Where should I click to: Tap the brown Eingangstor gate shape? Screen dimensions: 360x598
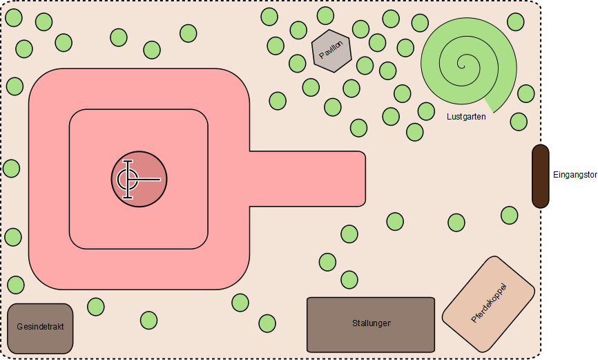(540, 176)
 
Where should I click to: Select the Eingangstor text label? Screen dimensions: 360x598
(575, 175)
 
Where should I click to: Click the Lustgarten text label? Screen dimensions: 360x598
(466, 117)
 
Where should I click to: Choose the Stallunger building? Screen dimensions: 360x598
(371, 325)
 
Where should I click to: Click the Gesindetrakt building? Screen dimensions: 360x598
(41, 328)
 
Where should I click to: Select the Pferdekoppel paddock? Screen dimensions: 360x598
(488, 303)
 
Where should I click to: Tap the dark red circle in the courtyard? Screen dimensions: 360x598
(139, 179)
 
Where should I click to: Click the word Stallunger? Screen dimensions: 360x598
(371, 323)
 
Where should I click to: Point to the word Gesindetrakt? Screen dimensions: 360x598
(41, 327)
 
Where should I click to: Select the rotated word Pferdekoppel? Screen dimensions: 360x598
(489, 303)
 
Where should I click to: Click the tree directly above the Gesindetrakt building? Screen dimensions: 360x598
(16, 285)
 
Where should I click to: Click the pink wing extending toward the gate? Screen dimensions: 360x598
(307, 179)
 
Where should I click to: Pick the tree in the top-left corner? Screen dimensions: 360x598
(14, 17)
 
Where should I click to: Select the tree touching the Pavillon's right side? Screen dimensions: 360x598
(365, 66)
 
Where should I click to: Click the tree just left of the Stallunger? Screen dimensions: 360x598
(267, 323)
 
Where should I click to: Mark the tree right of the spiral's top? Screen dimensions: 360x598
(516, 22)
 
